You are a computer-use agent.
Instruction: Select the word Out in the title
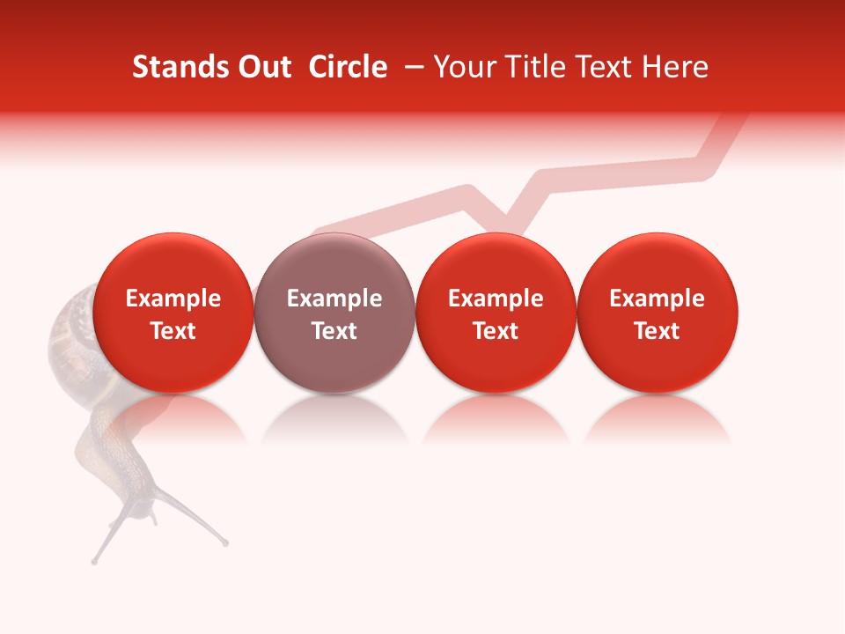pos(261,67)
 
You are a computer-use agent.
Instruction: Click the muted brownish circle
pos(334,313)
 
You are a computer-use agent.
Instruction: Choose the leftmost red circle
pos(173,313)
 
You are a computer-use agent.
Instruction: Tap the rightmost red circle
pos(657,313)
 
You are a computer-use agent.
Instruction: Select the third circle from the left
pos(496,313)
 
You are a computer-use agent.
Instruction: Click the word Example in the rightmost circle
pos(657,299)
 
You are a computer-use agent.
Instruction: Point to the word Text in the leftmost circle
pos(173,331)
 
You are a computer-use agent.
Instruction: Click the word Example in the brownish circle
pos(334,299)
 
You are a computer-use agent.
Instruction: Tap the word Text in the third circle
pos(496,331)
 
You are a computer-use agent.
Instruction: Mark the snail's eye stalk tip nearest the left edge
pos(94,560)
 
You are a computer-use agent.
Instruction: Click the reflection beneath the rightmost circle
pos(657,416)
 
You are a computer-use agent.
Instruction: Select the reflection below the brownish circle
pos(334,416)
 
